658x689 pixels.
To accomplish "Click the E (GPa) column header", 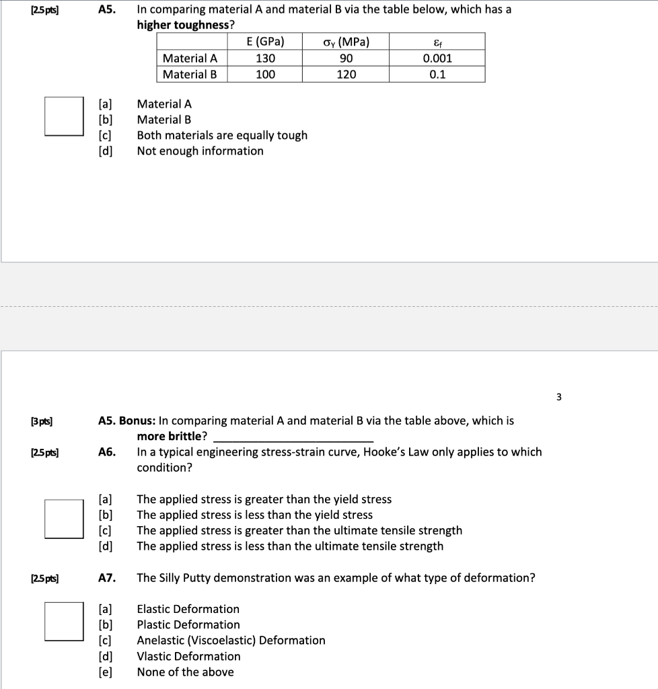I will (x=264, y=42).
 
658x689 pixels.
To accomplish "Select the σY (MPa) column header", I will (x=346, y=42).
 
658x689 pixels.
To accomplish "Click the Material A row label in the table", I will (x=190, y=58).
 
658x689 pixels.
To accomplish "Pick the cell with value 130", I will (x=264, y=58).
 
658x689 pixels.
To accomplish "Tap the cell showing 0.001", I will (x=437, y=58).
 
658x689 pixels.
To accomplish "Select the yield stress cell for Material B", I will (x=346, y=75).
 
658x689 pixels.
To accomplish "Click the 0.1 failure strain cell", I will (x=437, y=75).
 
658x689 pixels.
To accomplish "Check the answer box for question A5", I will (x=65, y=116).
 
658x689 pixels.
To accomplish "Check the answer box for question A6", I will (x=65, y=519).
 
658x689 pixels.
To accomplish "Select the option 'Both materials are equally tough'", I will (x=222, y=135).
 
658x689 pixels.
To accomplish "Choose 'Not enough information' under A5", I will (x=200, y=151).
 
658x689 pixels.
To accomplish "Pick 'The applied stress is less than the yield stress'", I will (x=254, y=515).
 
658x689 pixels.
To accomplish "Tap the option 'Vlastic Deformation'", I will (x=188, y=656).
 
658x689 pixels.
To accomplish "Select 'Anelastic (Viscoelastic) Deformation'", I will (x=231, y=641).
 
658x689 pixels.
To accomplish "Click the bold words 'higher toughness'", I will (x=186, y=25).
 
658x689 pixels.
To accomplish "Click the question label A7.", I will (x=107, y=578).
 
